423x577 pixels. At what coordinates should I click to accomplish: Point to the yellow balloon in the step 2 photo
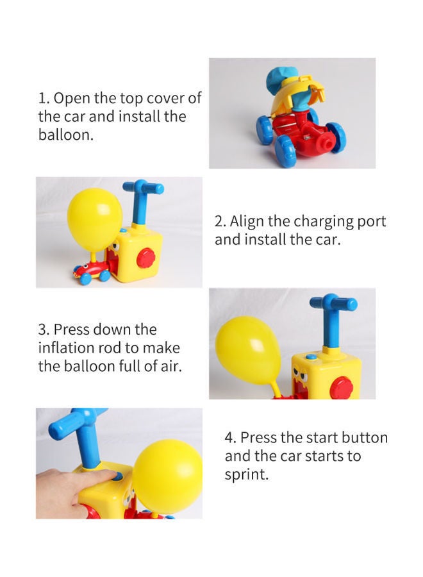click(x=94, y=217)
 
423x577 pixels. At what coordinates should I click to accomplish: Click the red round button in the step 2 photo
click(x=145, y=258)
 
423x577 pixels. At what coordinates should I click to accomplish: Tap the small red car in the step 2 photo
click(x=91, y=271)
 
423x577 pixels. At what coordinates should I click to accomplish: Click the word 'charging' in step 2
click(x=324, y=221)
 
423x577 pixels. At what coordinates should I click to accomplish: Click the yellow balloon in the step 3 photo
click(x=248, y=350)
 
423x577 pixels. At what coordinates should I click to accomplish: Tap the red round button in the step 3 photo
click(x=341, y=387)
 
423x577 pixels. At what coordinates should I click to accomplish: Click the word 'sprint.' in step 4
click(x=246, y=475)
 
